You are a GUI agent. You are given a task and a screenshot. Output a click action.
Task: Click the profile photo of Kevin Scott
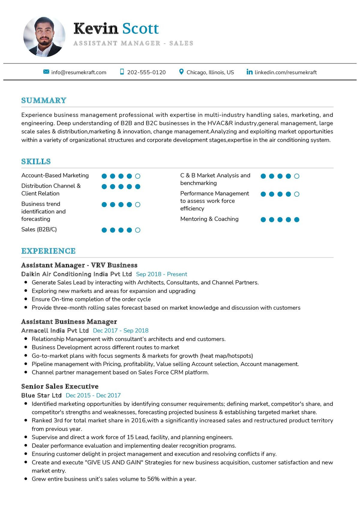[44, 37]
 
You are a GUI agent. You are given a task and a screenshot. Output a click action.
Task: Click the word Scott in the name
[140, 28]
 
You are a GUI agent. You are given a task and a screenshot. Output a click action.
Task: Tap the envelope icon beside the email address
[46, 72]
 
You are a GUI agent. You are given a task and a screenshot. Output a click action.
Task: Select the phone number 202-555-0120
[146, 72]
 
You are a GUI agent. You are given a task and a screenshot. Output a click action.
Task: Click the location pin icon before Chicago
[181, 72]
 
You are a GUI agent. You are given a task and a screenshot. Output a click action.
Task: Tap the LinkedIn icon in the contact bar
[249, 72]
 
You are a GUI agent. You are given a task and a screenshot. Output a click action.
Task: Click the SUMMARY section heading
[44, 100]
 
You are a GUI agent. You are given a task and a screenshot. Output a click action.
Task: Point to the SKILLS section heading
[36, 162]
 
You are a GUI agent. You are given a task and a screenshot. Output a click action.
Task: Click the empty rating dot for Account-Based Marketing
[138, 176]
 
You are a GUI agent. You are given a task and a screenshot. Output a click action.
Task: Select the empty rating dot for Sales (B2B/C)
[138, 230]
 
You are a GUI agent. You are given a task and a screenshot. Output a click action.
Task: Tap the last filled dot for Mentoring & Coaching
[297, 220]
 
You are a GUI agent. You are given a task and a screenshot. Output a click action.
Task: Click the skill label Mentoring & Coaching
[209, 219]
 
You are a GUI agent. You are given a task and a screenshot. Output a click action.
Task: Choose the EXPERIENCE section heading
[48, 251]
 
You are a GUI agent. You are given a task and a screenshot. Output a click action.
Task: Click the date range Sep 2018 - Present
[161, 274]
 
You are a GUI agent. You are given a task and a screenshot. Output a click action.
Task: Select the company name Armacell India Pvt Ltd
[55, 331]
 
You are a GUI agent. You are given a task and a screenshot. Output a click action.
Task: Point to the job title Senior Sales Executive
[60, 386]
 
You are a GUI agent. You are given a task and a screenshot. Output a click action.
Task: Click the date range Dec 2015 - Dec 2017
[93, 395]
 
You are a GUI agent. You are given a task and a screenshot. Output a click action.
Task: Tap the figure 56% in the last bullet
[153, 479]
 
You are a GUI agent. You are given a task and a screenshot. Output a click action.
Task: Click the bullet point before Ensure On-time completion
[26, 299]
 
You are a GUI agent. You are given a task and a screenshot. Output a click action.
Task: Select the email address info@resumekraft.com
[79, 72]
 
